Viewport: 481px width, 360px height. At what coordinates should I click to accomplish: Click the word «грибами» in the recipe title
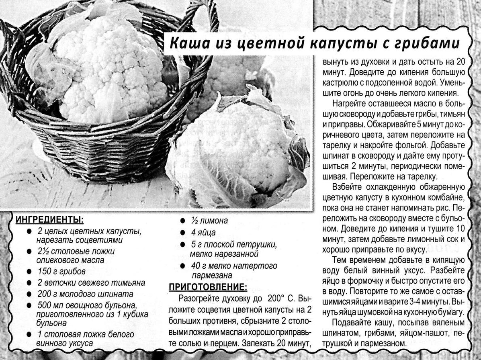(431, 43)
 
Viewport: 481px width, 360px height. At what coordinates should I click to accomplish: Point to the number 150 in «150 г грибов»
(45, 271)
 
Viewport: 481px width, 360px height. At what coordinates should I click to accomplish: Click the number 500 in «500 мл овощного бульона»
(45, 305)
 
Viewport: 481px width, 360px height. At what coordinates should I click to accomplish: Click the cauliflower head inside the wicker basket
(108, 72)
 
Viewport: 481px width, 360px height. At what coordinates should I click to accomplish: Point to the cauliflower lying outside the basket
(241, 153)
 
